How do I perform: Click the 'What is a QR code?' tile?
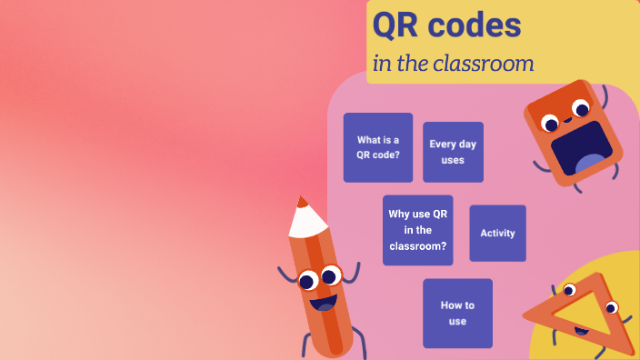pyautogui.click(x=377, y=147)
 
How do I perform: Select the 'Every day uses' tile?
pyautogui.click(x=453, y=152)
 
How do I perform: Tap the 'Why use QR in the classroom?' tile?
pyautogui.click(x=417, y=230)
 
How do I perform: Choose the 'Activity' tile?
pyautogui.click(x=497, y=234)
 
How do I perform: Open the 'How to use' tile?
pyautogui.click(x=457, y=313)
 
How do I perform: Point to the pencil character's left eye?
pyautogui.click(x=308, y=279)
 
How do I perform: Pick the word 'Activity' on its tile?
pyautogui.click(x=497, y=234)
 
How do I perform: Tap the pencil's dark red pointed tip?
pyautogui.click(x=301, y=201)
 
